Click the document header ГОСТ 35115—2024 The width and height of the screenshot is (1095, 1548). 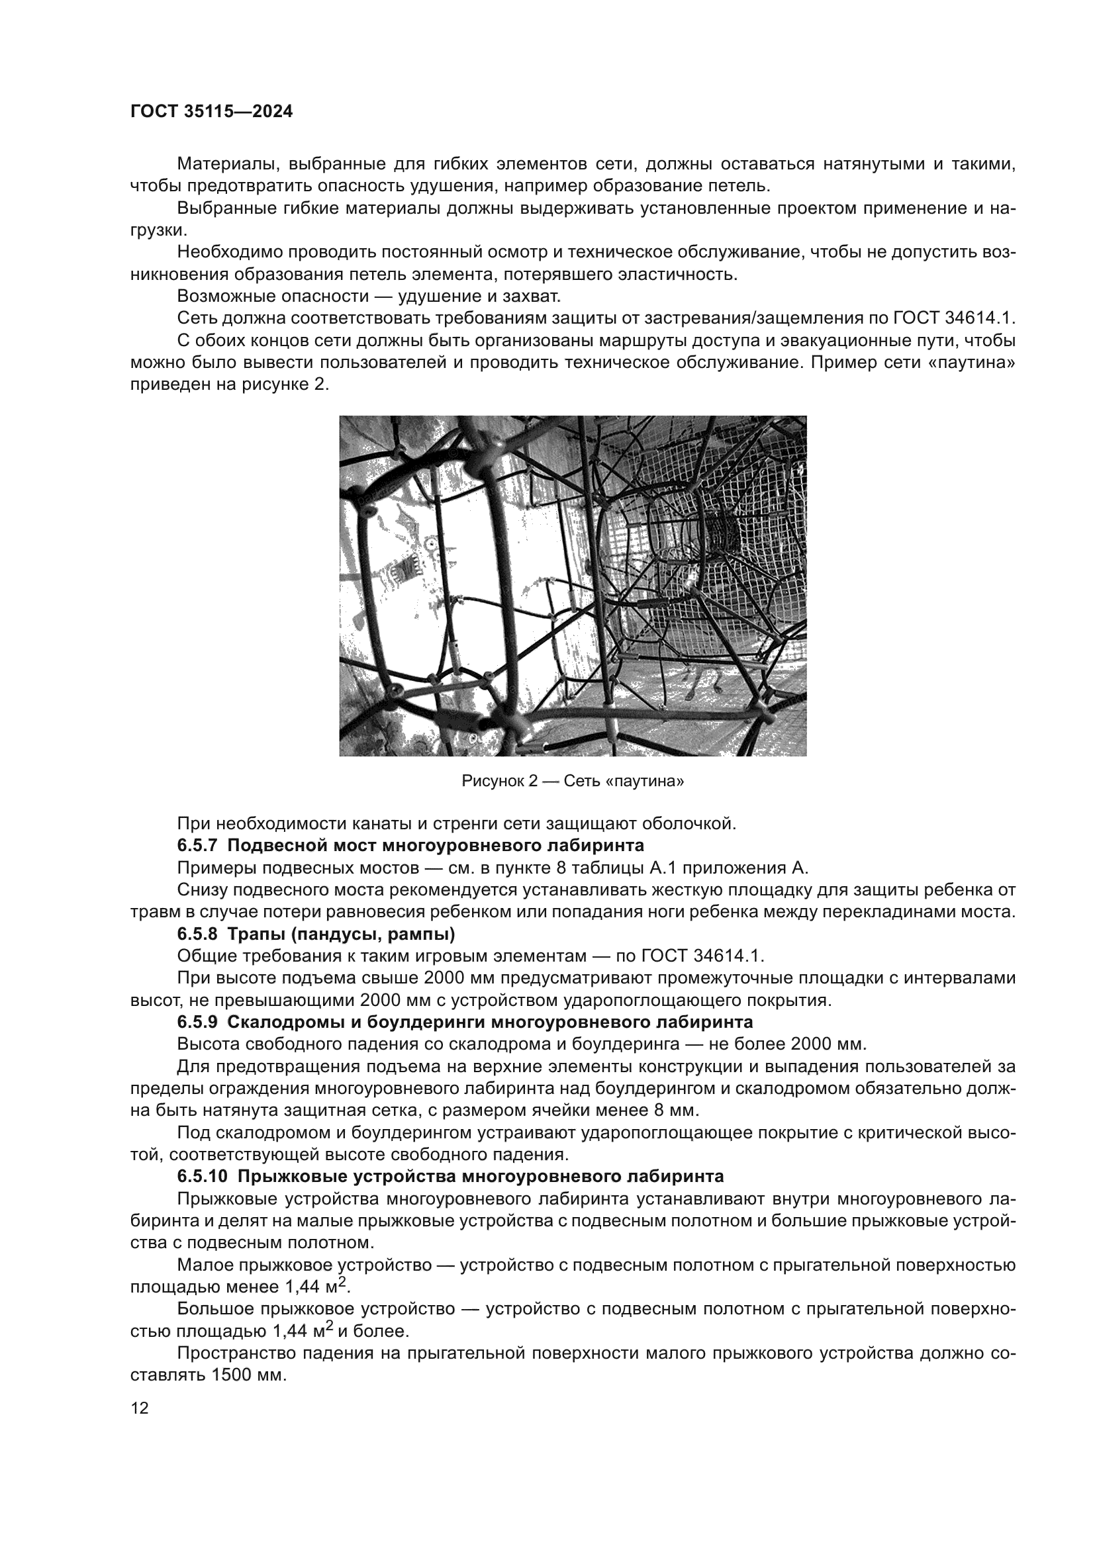click(x=212, y=112)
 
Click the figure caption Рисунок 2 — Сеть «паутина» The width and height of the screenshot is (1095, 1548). click(x=573, y=782)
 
